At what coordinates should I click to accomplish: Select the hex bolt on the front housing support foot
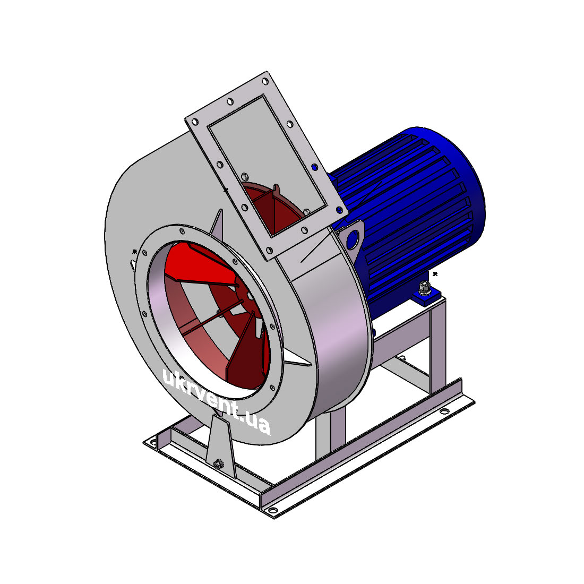(x=218, y=464)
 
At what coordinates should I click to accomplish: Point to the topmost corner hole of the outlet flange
(x=265, y=81)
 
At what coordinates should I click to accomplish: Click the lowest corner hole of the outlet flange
(x=269, y=250)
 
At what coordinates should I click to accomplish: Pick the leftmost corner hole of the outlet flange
(x=194, y=122)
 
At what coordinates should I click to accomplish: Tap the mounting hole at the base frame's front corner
(x=272, y=510)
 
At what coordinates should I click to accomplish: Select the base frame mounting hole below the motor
(x=444, y=411)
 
